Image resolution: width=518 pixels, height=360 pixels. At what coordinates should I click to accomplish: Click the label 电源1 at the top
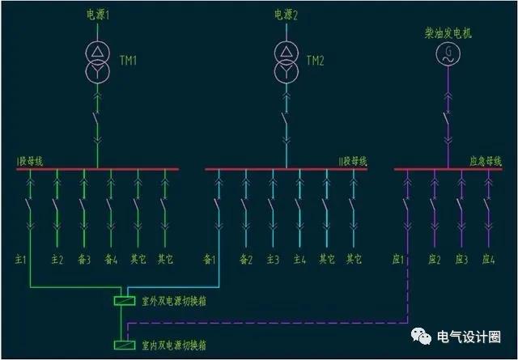[98, 15]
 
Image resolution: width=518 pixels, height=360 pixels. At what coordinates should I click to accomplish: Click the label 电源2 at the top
[286, 15]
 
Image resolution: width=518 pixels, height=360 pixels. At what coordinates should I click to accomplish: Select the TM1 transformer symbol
[97, 61]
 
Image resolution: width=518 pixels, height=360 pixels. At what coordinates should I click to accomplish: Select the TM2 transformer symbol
[285, 61]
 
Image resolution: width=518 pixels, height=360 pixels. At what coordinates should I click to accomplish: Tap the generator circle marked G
[447, 53]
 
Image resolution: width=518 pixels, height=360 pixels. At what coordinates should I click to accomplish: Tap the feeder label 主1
[22, 259]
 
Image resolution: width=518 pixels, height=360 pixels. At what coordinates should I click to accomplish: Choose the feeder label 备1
[210, 259]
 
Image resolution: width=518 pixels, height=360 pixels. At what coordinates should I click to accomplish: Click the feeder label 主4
[299, 259]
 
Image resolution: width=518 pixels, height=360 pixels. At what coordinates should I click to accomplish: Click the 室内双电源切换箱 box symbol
[125, 345]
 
